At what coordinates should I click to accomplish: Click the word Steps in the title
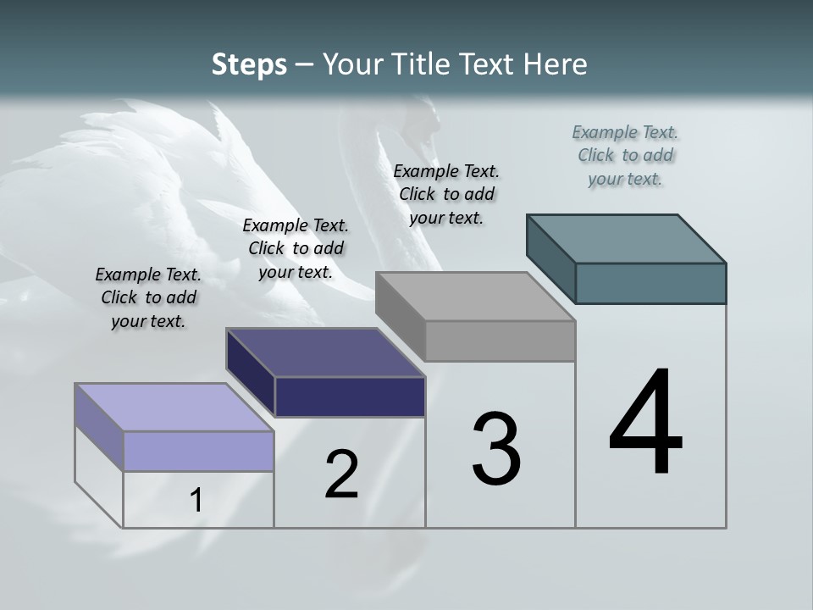tap(249, 65)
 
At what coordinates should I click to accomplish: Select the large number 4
tap(645, 424)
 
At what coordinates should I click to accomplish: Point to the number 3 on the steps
tap(495, 450)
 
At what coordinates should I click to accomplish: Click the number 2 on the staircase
tap(341, 474)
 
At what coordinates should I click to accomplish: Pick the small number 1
tap(196, 501)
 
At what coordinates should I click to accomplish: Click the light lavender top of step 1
tap(174, 408)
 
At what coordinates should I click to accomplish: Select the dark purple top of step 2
tap(325, 352)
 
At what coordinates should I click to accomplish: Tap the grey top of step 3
tap(475, 297)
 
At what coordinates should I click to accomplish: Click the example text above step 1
tap(148, 297)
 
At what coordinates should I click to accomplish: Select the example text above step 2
tap(296, 248)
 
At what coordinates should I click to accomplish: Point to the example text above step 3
tap(446, 194)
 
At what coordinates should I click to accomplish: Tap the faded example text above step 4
tap(625, 155)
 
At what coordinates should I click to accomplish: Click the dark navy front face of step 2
tap(350, 396)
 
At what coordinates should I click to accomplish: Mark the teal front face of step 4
tap(650, 283)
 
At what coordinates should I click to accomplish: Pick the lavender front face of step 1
tap(198, 451)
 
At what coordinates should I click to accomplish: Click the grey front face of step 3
tap(500, 341)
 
